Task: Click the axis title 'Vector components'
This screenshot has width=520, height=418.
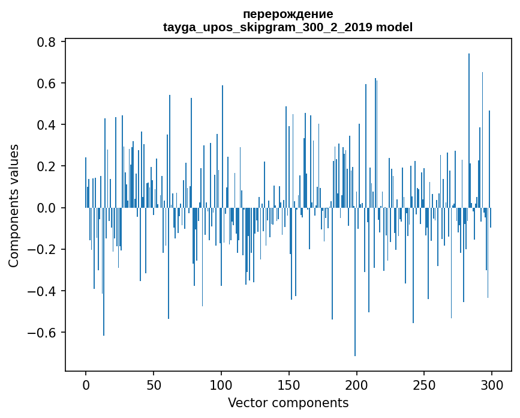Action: pyautogui.click(x=288, y=402)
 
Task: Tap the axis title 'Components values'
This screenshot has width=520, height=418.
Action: pyautogui.click(x=14, y=205)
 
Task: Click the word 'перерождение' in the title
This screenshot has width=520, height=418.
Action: pyautogui.click(x=288, y=14)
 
